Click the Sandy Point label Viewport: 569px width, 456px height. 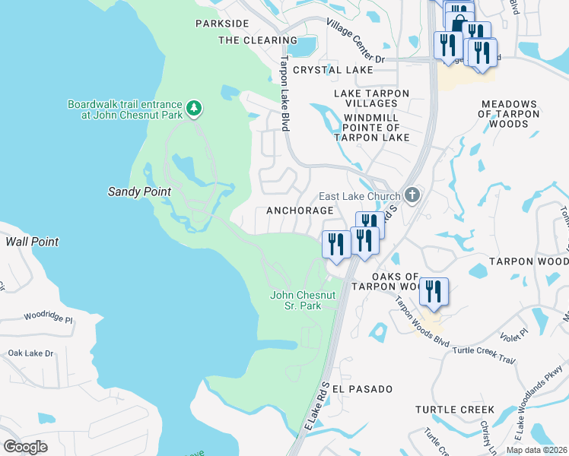pos(139,192)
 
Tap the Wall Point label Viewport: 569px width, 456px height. pos(32,242)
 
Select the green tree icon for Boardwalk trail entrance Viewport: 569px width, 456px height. pos(195,109)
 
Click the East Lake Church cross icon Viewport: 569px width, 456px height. pos(412,195)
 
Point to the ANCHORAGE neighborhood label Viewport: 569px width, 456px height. pos(299,211)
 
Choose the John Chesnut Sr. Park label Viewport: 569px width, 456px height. pos(303,300)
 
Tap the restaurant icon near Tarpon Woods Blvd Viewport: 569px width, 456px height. pos(433,292)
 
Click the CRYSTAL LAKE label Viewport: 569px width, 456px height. pos(333,70)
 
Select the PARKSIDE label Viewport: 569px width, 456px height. pos(222,24)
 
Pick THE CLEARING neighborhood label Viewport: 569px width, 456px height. pos(247,40)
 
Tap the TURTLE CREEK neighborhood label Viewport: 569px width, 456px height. pos(455,410)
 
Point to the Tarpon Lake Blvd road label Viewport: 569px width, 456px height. pos(284,93)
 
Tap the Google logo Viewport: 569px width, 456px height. pos(25,446)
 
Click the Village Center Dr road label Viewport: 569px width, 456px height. pos(356,42)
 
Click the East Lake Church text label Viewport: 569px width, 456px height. pos(359,196)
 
